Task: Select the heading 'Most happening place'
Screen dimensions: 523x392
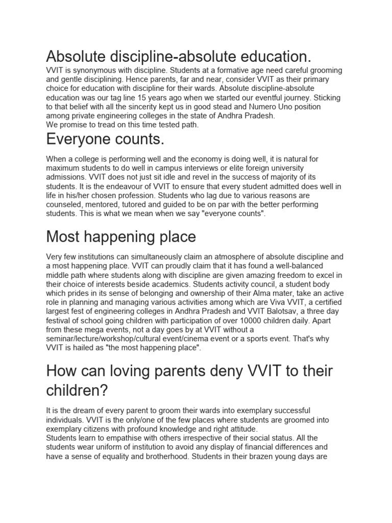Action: click(121, 236)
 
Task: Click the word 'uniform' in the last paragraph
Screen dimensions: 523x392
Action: click(114, 447)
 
